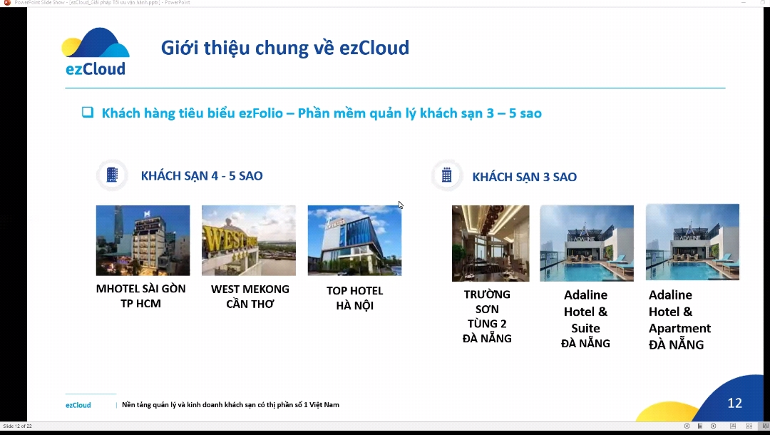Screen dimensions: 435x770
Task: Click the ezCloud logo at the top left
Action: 96,52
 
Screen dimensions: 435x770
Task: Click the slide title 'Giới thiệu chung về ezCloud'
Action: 285,48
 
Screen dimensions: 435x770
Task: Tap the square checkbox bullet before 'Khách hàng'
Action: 88,112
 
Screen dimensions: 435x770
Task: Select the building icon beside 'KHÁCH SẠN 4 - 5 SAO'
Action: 112,175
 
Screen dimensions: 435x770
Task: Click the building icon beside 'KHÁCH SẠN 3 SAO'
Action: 447,175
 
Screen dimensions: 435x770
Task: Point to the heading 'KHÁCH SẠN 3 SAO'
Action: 524,177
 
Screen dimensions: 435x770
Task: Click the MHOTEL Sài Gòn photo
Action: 143,240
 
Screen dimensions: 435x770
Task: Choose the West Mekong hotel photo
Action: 248,240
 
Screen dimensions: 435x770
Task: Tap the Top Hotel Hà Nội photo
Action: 354,240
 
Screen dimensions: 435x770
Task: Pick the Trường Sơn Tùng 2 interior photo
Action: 491,243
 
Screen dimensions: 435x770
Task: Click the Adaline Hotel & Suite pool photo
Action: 587,243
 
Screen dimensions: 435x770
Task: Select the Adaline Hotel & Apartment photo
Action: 692,243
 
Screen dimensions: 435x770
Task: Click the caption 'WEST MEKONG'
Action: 250,290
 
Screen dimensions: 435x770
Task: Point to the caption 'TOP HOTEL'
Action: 354,291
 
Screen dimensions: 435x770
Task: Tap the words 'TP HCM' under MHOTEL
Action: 140,304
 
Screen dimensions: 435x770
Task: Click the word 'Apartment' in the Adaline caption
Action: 679,329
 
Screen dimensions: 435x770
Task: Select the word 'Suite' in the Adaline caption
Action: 585,329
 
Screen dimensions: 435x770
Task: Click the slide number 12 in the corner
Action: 734,404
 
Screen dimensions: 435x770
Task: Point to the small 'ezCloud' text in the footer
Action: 78,405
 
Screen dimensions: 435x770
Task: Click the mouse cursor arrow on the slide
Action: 401,205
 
